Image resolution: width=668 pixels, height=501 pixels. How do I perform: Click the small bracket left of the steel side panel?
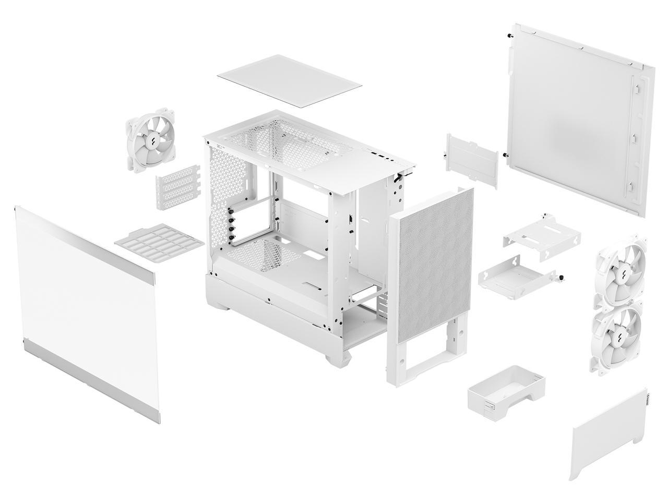(x=470, y=160)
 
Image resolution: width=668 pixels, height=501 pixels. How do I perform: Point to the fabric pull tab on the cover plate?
(x=647, y=399)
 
